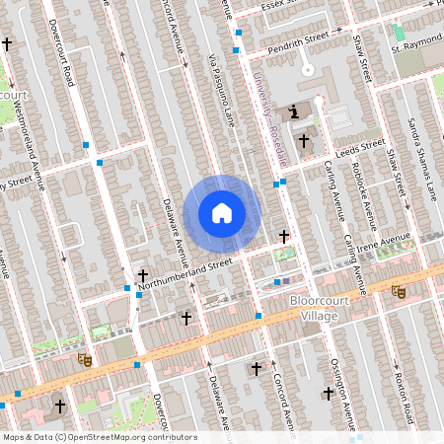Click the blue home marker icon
click(222, 212)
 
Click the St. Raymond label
click(415, 47)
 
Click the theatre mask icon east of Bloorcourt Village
click(398, 291)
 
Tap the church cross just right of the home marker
click(284, 236)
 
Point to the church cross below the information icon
click(304, 141)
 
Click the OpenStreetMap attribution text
click(99, 436)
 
